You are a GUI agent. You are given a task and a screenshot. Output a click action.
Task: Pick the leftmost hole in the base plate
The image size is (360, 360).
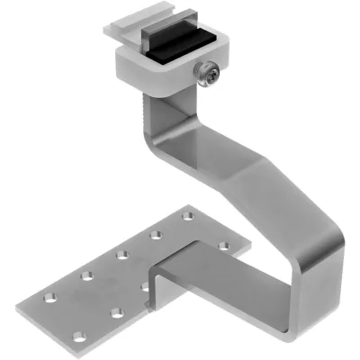click(x=49, y=298)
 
